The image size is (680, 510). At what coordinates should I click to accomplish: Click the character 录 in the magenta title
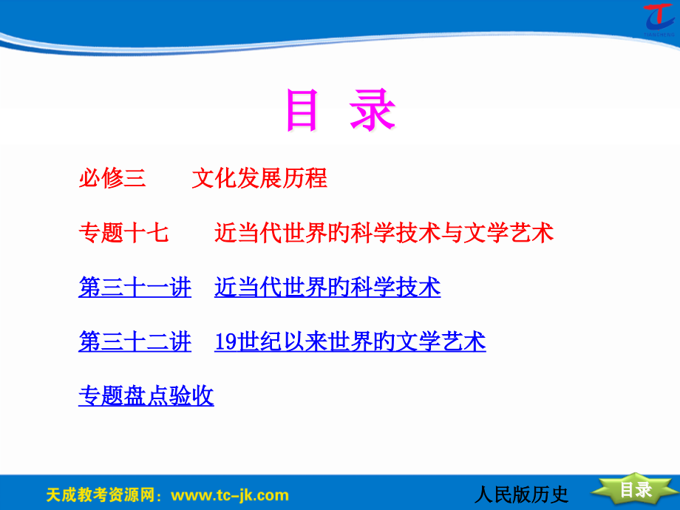373,111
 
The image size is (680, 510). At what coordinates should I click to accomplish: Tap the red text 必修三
112,178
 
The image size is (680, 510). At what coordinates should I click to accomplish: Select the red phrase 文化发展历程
259,178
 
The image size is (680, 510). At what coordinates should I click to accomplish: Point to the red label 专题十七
123,233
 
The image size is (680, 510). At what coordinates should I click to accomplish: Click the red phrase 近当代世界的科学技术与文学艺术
384,233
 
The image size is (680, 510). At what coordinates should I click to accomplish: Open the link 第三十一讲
135,287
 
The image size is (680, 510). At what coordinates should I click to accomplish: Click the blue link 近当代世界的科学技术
327,287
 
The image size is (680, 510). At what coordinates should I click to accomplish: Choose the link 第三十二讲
135,341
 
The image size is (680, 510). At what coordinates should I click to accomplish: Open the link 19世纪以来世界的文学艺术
350,341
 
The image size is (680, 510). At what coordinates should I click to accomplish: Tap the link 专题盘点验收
146,396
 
